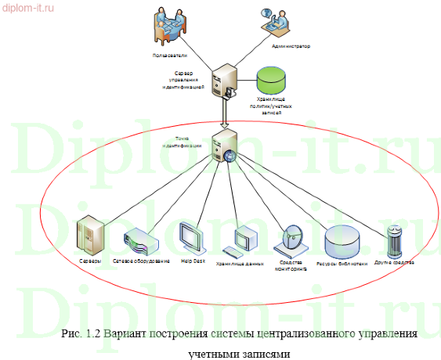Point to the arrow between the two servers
[x=224, y=117]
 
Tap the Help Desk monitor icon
[x=192, y=237]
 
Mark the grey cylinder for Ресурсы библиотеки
[x=342, y=241]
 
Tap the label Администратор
[x=290, y=47]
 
